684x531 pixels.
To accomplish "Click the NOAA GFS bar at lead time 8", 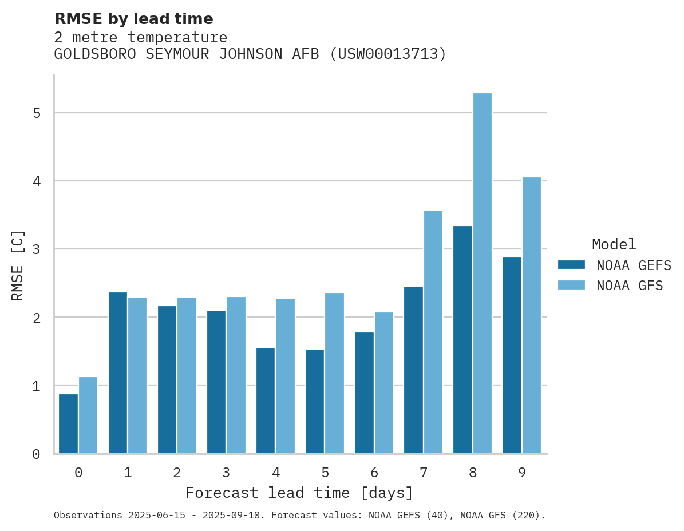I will point(483,273).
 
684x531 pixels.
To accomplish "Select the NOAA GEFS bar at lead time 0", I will point(69,423).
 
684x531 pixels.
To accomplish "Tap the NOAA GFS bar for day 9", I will point(532,315).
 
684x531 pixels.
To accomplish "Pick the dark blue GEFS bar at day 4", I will point(266,401).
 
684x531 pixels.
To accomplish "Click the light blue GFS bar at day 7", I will point(433,332).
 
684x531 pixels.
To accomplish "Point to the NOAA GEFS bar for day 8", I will point(462,339).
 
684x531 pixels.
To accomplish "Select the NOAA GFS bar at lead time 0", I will point(88,415).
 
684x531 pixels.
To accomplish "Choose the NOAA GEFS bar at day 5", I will point(315,401).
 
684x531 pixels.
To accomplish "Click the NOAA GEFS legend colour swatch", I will point(571,265).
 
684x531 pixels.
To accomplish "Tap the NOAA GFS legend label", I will point(630,286).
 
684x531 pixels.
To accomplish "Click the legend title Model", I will point(614,245).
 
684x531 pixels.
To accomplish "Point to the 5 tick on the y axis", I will point(37,113).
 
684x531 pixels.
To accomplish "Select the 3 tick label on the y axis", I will point(37,249).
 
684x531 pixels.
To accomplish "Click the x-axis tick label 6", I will point(374,473).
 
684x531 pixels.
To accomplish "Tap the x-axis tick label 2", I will point(177,473).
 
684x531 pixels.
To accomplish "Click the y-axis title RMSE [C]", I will point(18,265).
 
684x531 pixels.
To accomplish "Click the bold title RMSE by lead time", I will point(133,19).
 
